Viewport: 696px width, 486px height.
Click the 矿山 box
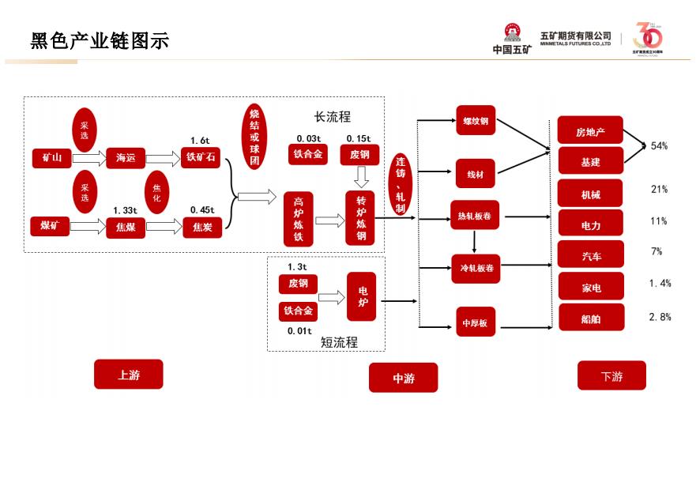52,158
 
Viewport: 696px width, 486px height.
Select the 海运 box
126,158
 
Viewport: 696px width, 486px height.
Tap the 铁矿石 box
201,158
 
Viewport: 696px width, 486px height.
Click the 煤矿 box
50,227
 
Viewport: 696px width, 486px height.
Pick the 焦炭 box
201,228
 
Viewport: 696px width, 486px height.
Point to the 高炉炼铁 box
298,218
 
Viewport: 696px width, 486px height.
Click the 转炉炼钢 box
360,218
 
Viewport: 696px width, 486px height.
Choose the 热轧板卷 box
475,216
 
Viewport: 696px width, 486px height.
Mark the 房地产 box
590,130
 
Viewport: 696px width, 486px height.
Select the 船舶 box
590,318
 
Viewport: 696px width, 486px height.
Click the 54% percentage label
659,146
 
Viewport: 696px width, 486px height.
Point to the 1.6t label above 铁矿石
199,141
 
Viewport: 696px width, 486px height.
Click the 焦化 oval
156,193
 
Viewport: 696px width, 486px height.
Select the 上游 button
129,375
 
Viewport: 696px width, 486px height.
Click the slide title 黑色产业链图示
100,41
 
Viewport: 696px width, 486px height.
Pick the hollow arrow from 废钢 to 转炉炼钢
360,179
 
